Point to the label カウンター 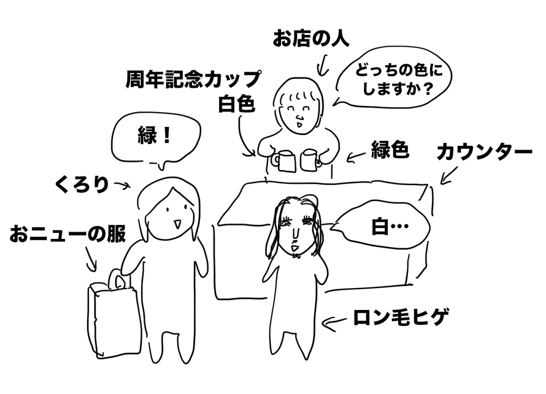click(484, 153)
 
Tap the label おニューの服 click(67, 235)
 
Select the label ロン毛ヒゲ click(401, 318)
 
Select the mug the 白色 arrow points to click(283, 161)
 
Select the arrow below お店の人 click(321, 63)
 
